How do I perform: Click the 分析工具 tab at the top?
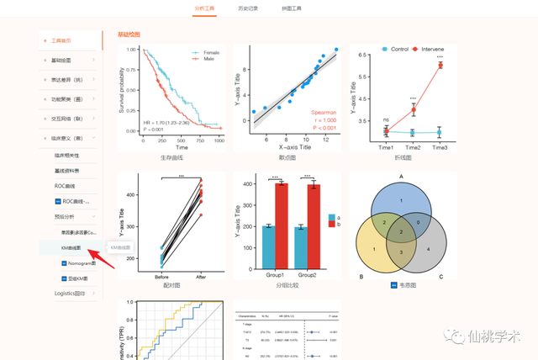pos(204,8)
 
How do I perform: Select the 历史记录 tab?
pos(248,8)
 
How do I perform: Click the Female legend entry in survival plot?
pos(207,51)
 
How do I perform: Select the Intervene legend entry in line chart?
pos(432,49)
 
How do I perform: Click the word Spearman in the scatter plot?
pos(324,111)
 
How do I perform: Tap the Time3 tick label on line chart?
pos(440,147)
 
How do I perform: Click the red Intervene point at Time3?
pos(440,66)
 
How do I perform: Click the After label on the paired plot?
pos(201,276)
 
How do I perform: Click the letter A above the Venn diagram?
pos(401,177)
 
